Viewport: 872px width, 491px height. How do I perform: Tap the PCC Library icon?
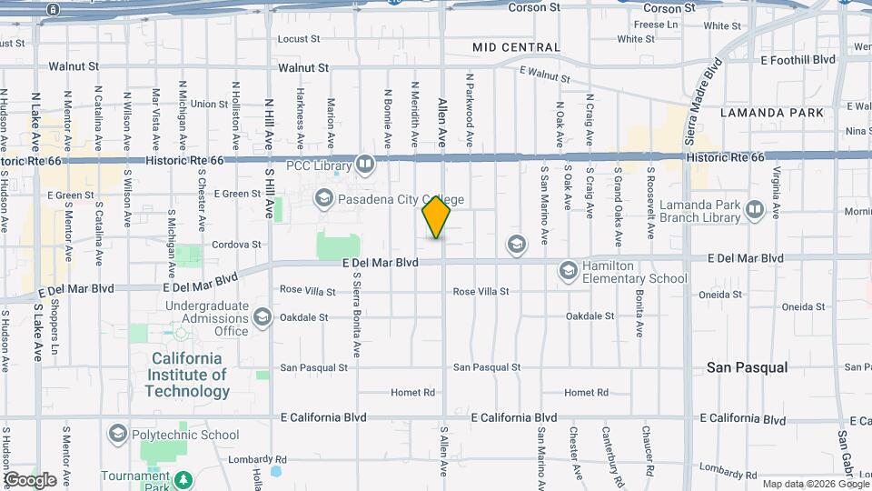[364, 164]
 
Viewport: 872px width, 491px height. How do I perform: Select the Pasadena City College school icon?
[324, 197]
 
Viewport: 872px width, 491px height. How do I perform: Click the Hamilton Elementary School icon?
[568, 271]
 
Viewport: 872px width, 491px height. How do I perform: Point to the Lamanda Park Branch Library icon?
[754, 211]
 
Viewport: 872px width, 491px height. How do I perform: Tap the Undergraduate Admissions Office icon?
[263, 316]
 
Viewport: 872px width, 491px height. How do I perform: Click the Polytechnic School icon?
[117, 435]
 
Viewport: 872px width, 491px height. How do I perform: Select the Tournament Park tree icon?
[185, 478]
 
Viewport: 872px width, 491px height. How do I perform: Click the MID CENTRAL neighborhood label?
[516, 47]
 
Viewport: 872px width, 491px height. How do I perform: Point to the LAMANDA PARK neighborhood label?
[771, 113]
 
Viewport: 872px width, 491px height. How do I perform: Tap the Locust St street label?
[299, 39]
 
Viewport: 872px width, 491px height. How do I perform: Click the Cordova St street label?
[236, 245]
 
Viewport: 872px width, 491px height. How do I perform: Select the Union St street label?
[209, 105]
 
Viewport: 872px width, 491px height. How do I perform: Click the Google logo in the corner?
[30, 480]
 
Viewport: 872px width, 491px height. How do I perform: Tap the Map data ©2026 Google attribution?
[814, 484]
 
